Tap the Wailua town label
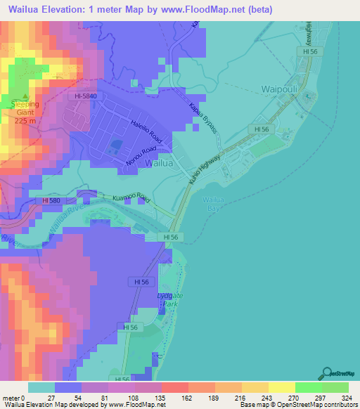159,163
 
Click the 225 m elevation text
25,119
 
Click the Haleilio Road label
147,131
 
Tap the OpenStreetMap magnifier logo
328,373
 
